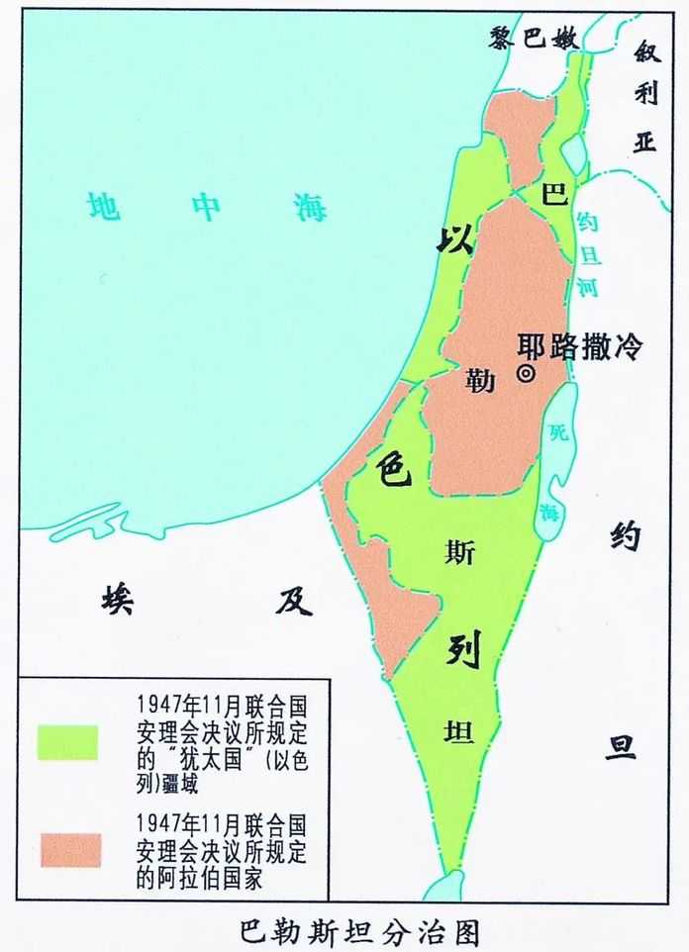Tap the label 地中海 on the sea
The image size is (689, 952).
pos(206,207)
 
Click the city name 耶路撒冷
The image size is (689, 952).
pos(581,346)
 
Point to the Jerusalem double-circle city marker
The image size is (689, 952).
pos(527,373)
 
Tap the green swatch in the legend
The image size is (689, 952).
pos(68,741)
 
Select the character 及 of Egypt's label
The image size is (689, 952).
pos(294,600)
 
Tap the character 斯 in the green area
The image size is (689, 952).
pos(460,554)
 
